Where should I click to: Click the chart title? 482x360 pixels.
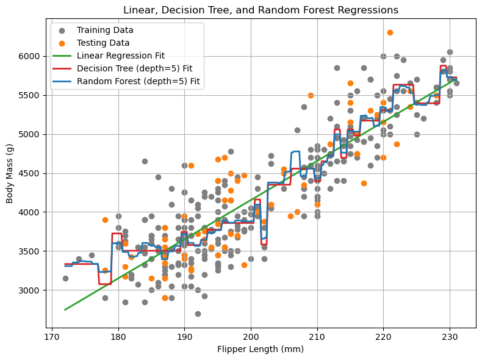click(261, 10)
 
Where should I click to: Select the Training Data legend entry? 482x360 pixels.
click(105, 30)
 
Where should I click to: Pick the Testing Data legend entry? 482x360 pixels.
click(103, 43)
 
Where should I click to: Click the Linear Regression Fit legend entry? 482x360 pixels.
click(121, 56)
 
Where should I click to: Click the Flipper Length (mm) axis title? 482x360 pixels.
click(261, 350)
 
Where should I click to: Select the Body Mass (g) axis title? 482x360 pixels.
click(10, 173)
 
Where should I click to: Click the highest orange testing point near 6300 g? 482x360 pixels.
click(390, 32)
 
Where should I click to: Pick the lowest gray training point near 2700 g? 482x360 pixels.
click(198, 314)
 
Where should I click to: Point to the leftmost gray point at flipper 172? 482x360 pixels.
click(65, 278)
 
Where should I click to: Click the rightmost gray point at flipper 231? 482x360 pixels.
click(456, 83)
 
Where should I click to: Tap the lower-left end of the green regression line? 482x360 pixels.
click(65, 309)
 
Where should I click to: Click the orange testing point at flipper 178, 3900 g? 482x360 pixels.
click(105, 220)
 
